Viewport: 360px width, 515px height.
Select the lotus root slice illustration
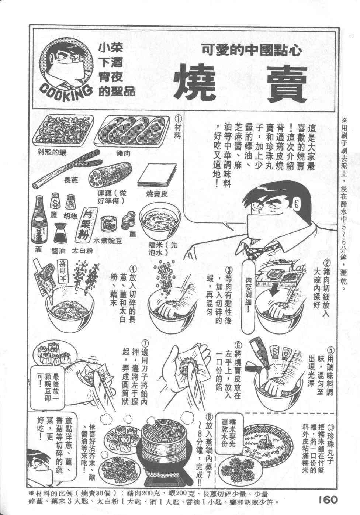(110, 176)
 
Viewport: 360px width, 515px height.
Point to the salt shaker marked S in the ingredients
(55, 201)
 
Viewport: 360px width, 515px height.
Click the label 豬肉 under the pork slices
(124, 153)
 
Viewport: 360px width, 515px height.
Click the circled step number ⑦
(145, 344)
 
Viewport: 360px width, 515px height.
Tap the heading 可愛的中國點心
(252, 50)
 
